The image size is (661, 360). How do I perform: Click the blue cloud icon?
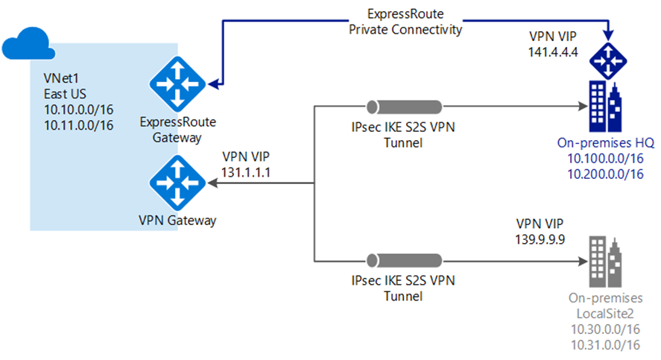click(28, 44)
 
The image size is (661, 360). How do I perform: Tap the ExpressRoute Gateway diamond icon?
click(177, 84)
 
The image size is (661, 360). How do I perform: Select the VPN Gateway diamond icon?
click(177, 183)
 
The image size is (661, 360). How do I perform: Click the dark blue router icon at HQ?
click(608, 60)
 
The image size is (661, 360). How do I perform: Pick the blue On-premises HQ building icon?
click(605, 107)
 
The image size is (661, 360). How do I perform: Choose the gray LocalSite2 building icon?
click(605, 262)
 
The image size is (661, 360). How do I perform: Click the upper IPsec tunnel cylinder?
click(404, 107)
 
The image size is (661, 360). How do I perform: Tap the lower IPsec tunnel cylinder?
click(404, 261)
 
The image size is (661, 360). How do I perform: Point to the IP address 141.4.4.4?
click(553, 52)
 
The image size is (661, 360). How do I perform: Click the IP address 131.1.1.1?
click(246, 172)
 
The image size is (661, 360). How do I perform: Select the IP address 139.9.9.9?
click(540, 239)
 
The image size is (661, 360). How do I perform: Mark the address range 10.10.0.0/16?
click(79, 110)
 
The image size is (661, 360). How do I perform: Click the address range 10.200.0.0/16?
click(605, 174)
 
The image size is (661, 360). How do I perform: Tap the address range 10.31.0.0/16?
click(605, 345)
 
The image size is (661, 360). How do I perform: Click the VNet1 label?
click(61, 78)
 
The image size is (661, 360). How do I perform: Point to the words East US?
click(65, 94)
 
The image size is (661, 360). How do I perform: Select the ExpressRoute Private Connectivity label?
click(405, 22)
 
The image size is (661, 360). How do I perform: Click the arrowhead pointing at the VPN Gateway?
click(213, 183)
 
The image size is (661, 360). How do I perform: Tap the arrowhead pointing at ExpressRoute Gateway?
click(214, 84)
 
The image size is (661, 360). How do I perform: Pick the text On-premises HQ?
click(606, 143)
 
